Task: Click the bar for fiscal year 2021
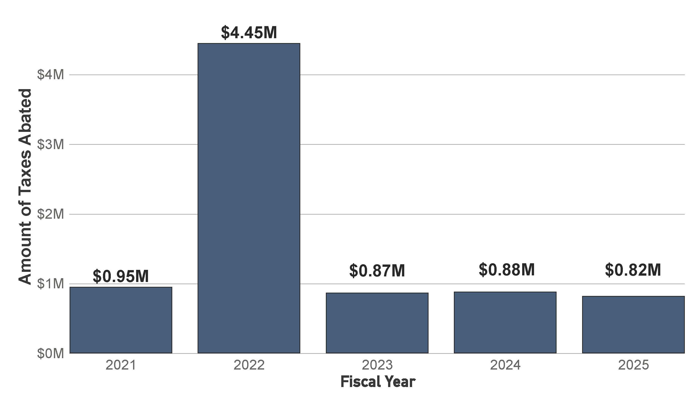[x=121, y=320]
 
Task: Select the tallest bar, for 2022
[x=249, y=198]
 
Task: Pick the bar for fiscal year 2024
[x=505, y=322]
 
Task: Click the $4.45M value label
[x=249, y=33]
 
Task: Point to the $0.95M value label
[x=121, y=276]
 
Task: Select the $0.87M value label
[x=377, y=271]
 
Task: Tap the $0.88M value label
[x=506, y=270]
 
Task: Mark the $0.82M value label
[x=633, y=270]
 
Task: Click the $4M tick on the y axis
[x=51, y=75]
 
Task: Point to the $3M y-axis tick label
[x=51, y=145]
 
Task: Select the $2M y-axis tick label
[x=51, y=214]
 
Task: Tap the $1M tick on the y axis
[x=51, y=284]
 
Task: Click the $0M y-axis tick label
[x=51, y=354]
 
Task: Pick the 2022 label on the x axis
[x=249, y=365]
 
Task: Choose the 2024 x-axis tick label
[x=505, y=365]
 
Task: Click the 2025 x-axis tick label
[x=633, y=365]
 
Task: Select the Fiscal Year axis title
[x=378, y=382]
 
